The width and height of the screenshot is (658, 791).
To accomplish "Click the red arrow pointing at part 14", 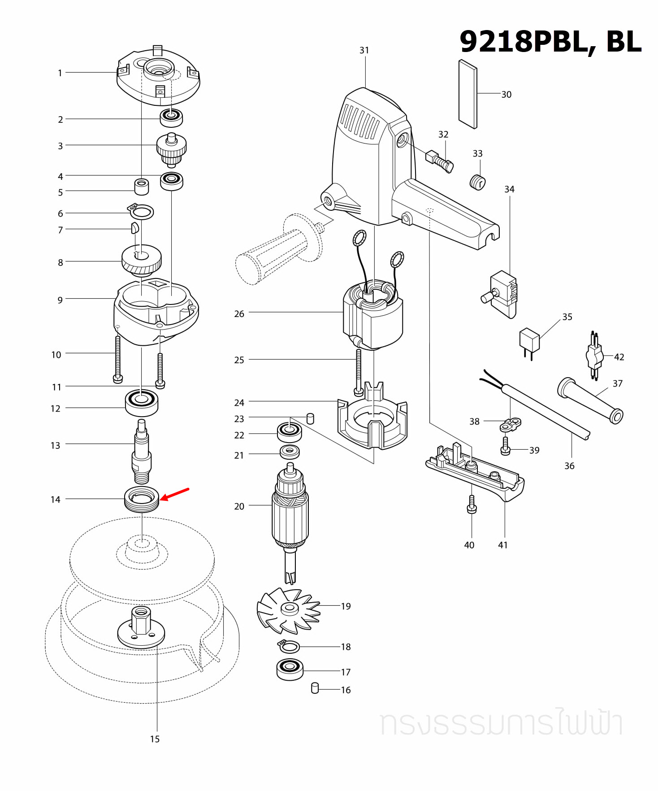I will click(175, 494).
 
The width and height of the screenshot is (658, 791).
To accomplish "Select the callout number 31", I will click(364, 50).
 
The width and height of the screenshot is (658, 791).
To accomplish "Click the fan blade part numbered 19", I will click(288, 610).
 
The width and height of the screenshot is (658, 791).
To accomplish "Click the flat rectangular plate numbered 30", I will click(468, 94).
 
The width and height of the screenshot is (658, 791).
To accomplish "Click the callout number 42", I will click(619, 357).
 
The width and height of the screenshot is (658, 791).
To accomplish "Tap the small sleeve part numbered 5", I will click(142, 186).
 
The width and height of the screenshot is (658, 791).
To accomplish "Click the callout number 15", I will click(155, 739).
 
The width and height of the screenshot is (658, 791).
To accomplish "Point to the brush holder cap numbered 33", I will click(478, 183).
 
